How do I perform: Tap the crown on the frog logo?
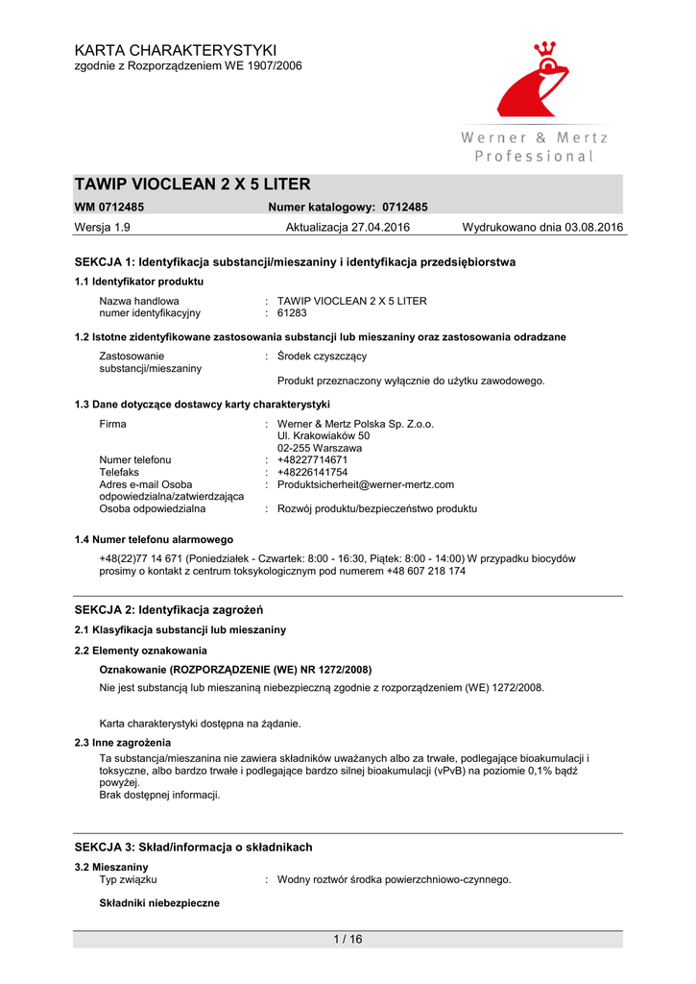pyautogui.click(x=545, y=49)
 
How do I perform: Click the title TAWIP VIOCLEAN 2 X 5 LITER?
pyautogui.click(x=193, y=184)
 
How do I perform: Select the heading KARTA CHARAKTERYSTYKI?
pyautogui.click(x=176, y=50)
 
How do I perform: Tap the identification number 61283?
pyautogui.click(x=292, y=312)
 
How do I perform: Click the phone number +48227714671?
pyautogui.click(x=312, y=459)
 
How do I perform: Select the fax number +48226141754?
pyautogui.click(x=312, y=472)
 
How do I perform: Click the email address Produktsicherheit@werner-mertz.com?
pyautogui.click(x=365, y=484)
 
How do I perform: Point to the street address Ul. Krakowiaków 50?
pyautogui.click(x=324, y=435)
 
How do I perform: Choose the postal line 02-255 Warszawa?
pyautogui.click(x=320, y=448)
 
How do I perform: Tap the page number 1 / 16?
pyautogui.click(x=348, y=939)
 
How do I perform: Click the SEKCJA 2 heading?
pyautogui.click(x=169, y=610)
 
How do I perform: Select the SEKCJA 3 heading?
pyautogui.click(x=193, y=847)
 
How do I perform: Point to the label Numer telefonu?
pyautogui.click(x=135, y=459)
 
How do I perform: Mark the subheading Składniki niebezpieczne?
pyautogui.click(x=159, y=903)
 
